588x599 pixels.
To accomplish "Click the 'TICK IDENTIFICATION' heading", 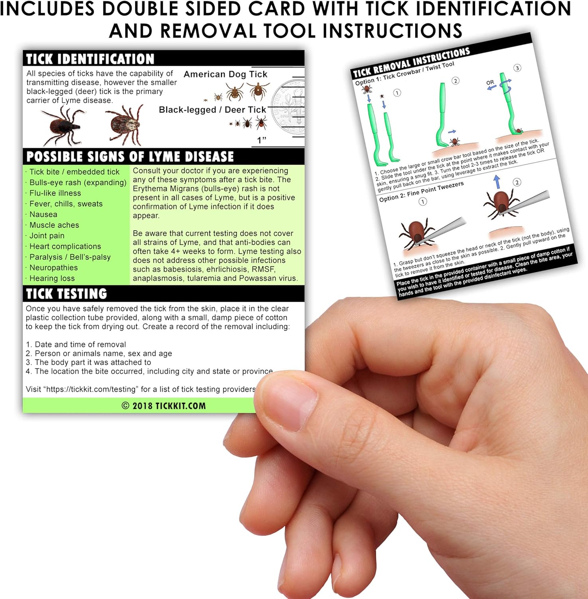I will click(x=90, y=59).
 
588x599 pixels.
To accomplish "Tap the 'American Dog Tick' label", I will click(x=225, y=74).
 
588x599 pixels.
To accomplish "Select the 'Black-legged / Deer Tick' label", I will click(x=212, y=110).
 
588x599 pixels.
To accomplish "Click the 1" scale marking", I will click(x=261, y=140).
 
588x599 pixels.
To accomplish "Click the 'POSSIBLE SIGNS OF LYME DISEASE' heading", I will click(x=130, y=157).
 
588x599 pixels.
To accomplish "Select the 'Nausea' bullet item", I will click(x=43, y=214).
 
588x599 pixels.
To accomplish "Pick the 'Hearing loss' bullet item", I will click(x=52, y=278).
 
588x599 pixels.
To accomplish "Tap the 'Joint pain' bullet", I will click(x=47, y=236).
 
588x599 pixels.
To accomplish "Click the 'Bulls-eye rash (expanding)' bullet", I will click(x=78, y=182).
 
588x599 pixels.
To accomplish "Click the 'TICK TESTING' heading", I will click(x=67, y=294).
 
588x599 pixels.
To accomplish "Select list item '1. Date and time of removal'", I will click(x=76, y=344).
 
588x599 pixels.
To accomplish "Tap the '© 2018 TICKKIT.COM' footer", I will click(x=164, y=406).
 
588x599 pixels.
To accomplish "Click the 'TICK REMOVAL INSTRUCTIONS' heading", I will click(x=412, y=62).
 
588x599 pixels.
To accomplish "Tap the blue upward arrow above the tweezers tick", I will click(x=497, y=182).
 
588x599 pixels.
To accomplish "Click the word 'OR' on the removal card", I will click(x=490, y=83).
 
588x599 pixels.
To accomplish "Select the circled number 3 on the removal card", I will click(x=517, y=68).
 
